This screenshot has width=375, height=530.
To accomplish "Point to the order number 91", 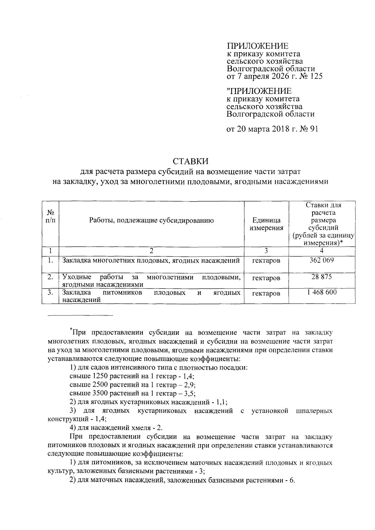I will [312, 129].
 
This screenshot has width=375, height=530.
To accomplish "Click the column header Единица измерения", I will [266, 224].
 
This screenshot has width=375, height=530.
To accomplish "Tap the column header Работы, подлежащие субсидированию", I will [151, 220].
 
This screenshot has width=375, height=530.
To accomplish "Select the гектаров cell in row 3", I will [266, 294].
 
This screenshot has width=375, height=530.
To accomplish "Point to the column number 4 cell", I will [322, 251].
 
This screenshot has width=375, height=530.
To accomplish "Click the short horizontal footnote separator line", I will [80, 315].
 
